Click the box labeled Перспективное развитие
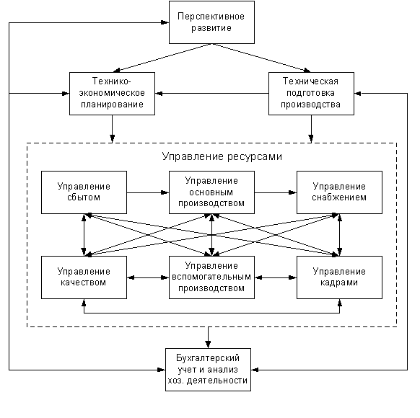click(x=211, y=22)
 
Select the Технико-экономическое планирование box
click(x=112, y=94)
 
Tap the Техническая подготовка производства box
click(x=311, y=94)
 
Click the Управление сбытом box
click(x=84, y=192)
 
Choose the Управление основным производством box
click(x=211, y=192)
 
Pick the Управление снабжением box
click(x=339, y=192)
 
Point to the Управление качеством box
click(x=84, y=277)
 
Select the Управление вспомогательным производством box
click(x=211, y=277)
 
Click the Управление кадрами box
click(x=339, y=277)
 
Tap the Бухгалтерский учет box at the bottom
click(x=208, y=370)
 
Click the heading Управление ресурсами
click(x=222, y=156)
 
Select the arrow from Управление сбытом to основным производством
click(x=148, y=192)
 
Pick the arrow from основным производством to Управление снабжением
click(x=276, y=192)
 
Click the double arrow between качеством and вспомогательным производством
click(x=148, y=277)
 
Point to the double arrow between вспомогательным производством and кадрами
click(x=276, y=277)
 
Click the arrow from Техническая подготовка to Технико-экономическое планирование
click(x=212, y=94)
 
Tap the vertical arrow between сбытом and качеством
click(x=84, y=235)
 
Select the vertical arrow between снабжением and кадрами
click(x=340, y=235)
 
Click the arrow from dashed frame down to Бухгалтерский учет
click(x=208, y=337)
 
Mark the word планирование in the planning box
click(x=112, y=104)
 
